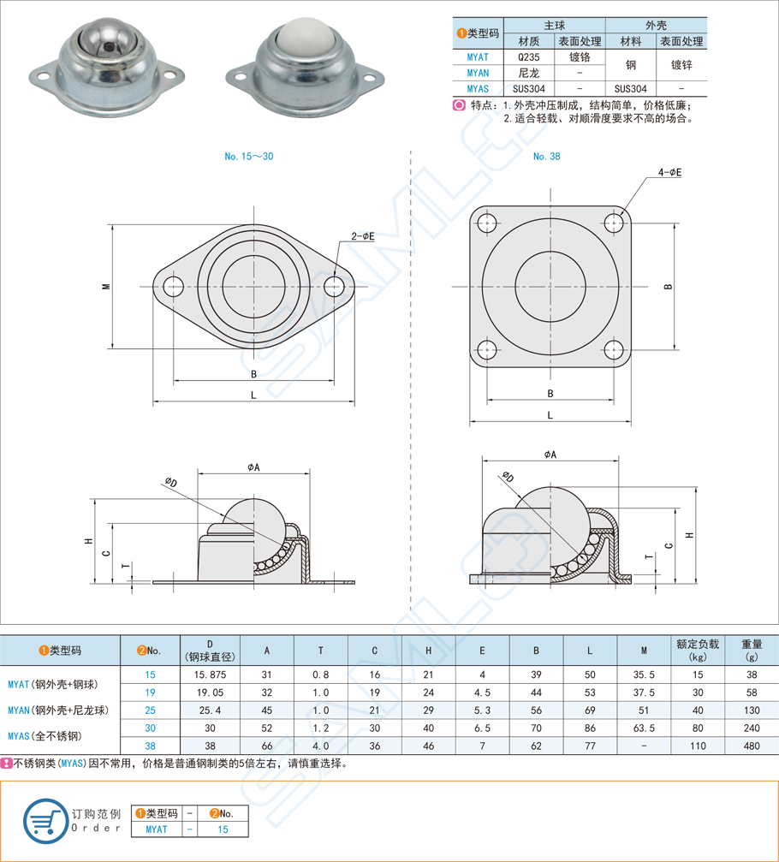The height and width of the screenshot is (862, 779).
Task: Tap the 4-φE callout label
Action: [x=669, y=172]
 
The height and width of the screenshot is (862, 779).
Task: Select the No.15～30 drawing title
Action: [x=249, y=157]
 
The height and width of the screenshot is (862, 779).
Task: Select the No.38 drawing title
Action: [x=546, y=157]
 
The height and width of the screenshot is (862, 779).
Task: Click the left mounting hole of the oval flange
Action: [x=175, y=287]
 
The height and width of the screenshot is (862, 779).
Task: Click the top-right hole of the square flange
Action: [x=614, y=223]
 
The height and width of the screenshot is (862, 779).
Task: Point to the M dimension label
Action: [x=105, y=287]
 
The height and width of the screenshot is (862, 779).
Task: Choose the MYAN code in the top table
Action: [x=478, y=73]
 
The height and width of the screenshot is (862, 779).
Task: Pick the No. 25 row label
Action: [x=151, y=710]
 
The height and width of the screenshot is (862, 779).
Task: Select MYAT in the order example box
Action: [x=157, y=829]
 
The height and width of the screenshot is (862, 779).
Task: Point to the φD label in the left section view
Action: [x=171, y=483]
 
